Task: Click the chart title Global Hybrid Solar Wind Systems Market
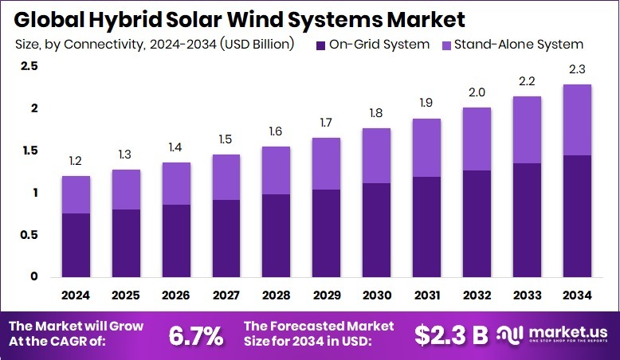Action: pyautogui.click(x=237, y=18)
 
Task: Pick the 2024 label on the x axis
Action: pyautogui.click(x=76, y=295)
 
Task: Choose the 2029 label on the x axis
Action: pyautogui.click(x=325, y=295)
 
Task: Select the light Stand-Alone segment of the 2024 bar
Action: pyautogui.click(x=76, y=194)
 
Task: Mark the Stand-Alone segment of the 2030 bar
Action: pyautogui.click(x=375, y=155)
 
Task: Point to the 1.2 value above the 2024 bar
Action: pyautogui.click(x=76, y=161)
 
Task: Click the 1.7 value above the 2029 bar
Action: pyautogui.click(x=325, y=123)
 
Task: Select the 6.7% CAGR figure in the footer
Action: pyautogui.click(x=195, y=335)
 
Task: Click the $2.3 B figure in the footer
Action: pyautogui.click(x=451, y=335)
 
